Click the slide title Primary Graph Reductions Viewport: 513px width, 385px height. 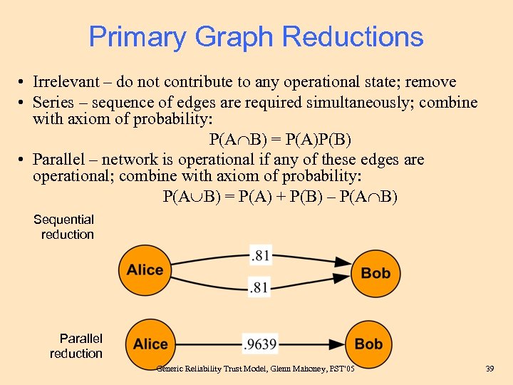256,36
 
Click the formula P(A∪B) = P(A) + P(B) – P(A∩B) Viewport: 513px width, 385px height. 280,196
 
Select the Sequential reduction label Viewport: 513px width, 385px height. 64,227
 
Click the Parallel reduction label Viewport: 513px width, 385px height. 77,346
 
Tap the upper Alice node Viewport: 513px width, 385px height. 145,270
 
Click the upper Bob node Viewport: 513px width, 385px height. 375,273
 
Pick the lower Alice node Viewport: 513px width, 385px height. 150,344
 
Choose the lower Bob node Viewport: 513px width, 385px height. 368,344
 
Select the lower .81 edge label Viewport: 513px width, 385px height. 259,288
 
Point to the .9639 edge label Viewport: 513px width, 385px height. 259,344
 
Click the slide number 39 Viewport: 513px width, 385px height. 489,368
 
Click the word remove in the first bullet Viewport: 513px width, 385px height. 431,83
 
